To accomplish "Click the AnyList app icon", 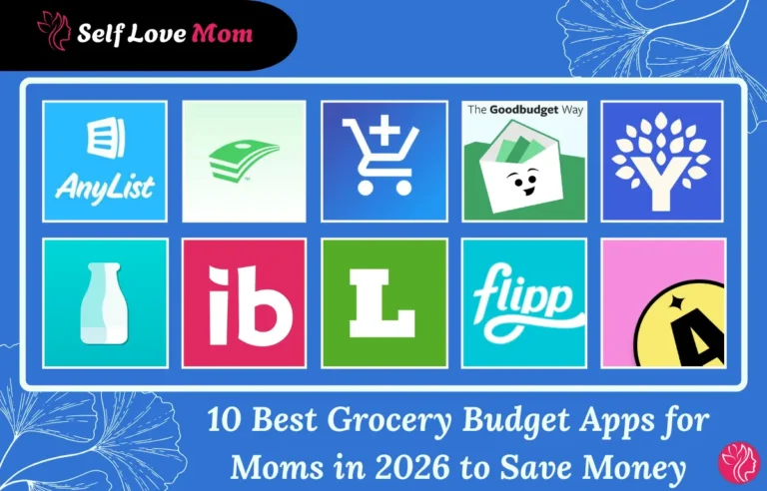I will click(105, 161).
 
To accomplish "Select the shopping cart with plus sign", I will click(383, 161).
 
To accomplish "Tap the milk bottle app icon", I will click(105, 302).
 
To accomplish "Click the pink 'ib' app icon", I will click(244, 302).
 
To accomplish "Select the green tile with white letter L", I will click(383, 302).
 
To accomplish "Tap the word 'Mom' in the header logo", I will click(225, 35).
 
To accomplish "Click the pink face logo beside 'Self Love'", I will click(52, 33).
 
